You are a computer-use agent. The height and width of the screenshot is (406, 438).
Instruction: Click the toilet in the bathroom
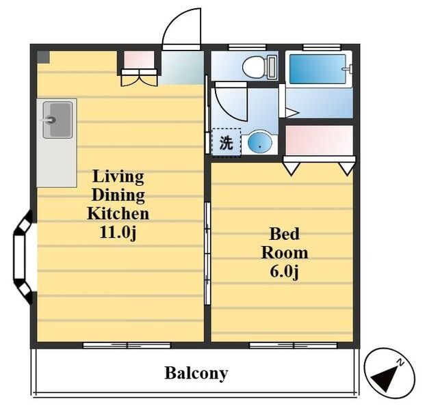tap(259, 67)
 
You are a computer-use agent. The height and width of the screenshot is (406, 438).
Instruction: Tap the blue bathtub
tap(318, 69)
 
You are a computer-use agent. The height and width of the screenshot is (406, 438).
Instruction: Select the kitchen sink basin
tap(57, 120)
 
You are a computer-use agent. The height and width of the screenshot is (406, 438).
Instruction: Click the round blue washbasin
tap(259, 142)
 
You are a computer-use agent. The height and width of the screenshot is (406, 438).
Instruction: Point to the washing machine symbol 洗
tap(227, 143)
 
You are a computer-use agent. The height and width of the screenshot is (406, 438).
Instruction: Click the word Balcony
tap(196, 373)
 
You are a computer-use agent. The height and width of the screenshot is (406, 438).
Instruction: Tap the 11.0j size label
tap(118, 232)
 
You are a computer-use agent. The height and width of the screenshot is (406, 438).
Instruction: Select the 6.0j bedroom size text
tap(285, 271)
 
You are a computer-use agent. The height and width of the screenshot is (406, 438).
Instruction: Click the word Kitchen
tap(118, 213)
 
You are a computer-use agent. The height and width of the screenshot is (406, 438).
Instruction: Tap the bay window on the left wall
tap(23, 257)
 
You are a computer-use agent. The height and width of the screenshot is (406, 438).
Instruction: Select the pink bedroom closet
tap(319, 139)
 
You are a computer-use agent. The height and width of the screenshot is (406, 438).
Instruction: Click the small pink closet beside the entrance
tap(139, 59)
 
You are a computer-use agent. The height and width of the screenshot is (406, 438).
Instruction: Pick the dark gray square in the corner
tap(44, 57)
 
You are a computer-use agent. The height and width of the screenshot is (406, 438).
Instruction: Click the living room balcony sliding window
tap(127, 345)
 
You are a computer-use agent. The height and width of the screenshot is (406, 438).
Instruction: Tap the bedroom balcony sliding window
tap(293, 345)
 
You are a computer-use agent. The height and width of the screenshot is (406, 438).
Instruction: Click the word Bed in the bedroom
tap(285, 234)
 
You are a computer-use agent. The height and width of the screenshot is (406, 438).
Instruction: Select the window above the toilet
tap(247, 47)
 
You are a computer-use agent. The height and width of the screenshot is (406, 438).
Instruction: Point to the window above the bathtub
tap(322, 47)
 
